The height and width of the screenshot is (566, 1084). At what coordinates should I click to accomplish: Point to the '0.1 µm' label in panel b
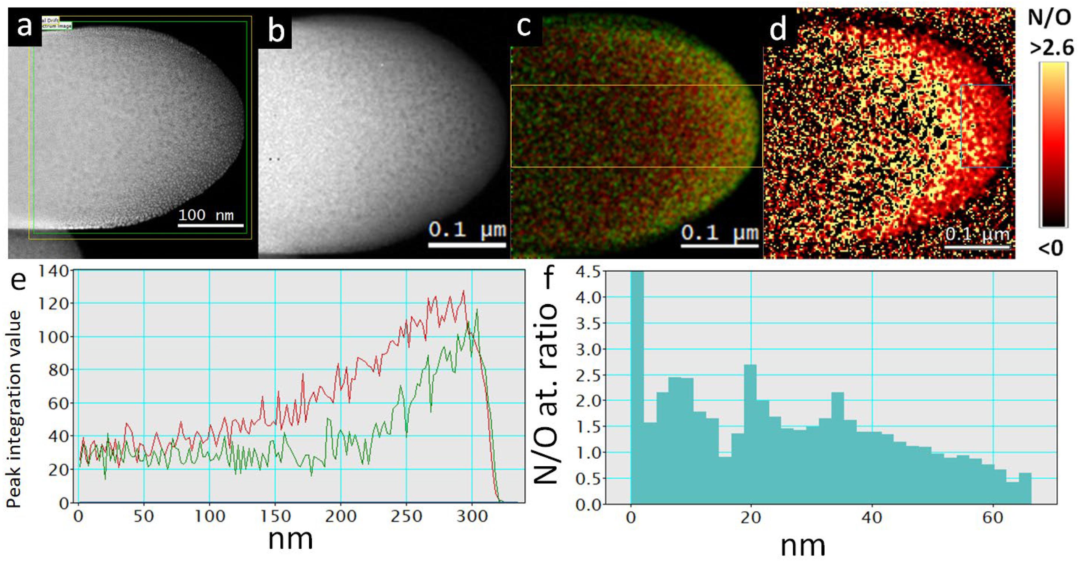pyautogui.click(x=467, y=230)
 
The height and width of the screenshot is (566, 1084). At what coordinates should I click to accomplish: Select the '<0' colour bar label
pyautogui.click(x=1051, y=248)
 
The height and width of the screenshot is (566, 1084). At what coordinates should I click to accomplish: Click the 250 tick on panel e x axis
pyautogui.click(x=406, y=516)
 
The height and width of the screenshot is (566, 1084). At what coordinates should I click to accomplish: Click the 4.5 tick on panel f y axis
pyautogui.click(x=588, y=272)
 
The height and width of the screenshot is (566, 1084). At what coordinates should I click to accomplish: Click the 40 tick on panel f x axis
pyautogui.click(x=871, y=517)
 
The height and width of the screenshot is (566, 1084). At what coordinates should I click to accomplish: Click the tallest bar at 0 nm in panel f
pyautogui.click(x=637, y=387)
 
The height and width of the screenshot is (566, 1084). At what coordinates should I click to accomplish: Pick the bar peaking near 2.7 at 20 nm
pyautogui.click(x=750, y=433)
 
